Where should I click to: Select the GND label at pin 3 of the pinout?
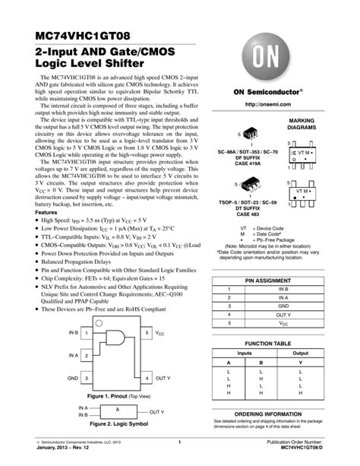[72, 378]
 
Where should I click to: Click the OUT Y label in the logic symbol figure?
[156, 412]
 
